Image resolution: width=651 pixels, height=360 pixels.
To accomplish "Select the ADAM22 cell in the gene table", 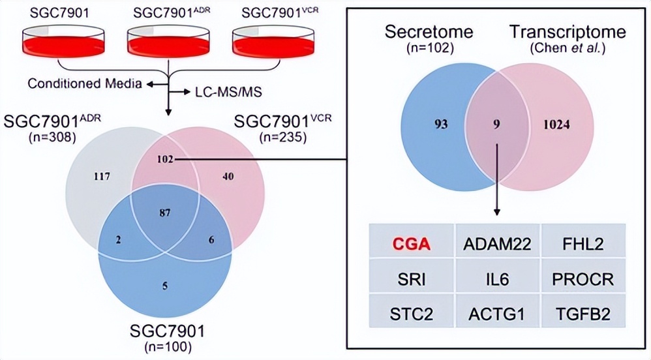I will point(497,244).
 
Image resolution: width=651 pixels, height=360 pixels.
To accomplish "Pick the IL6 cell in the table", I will point(497,280).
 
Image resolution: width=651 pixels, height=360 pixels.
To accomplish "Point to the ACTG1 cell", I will point(497,314).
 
